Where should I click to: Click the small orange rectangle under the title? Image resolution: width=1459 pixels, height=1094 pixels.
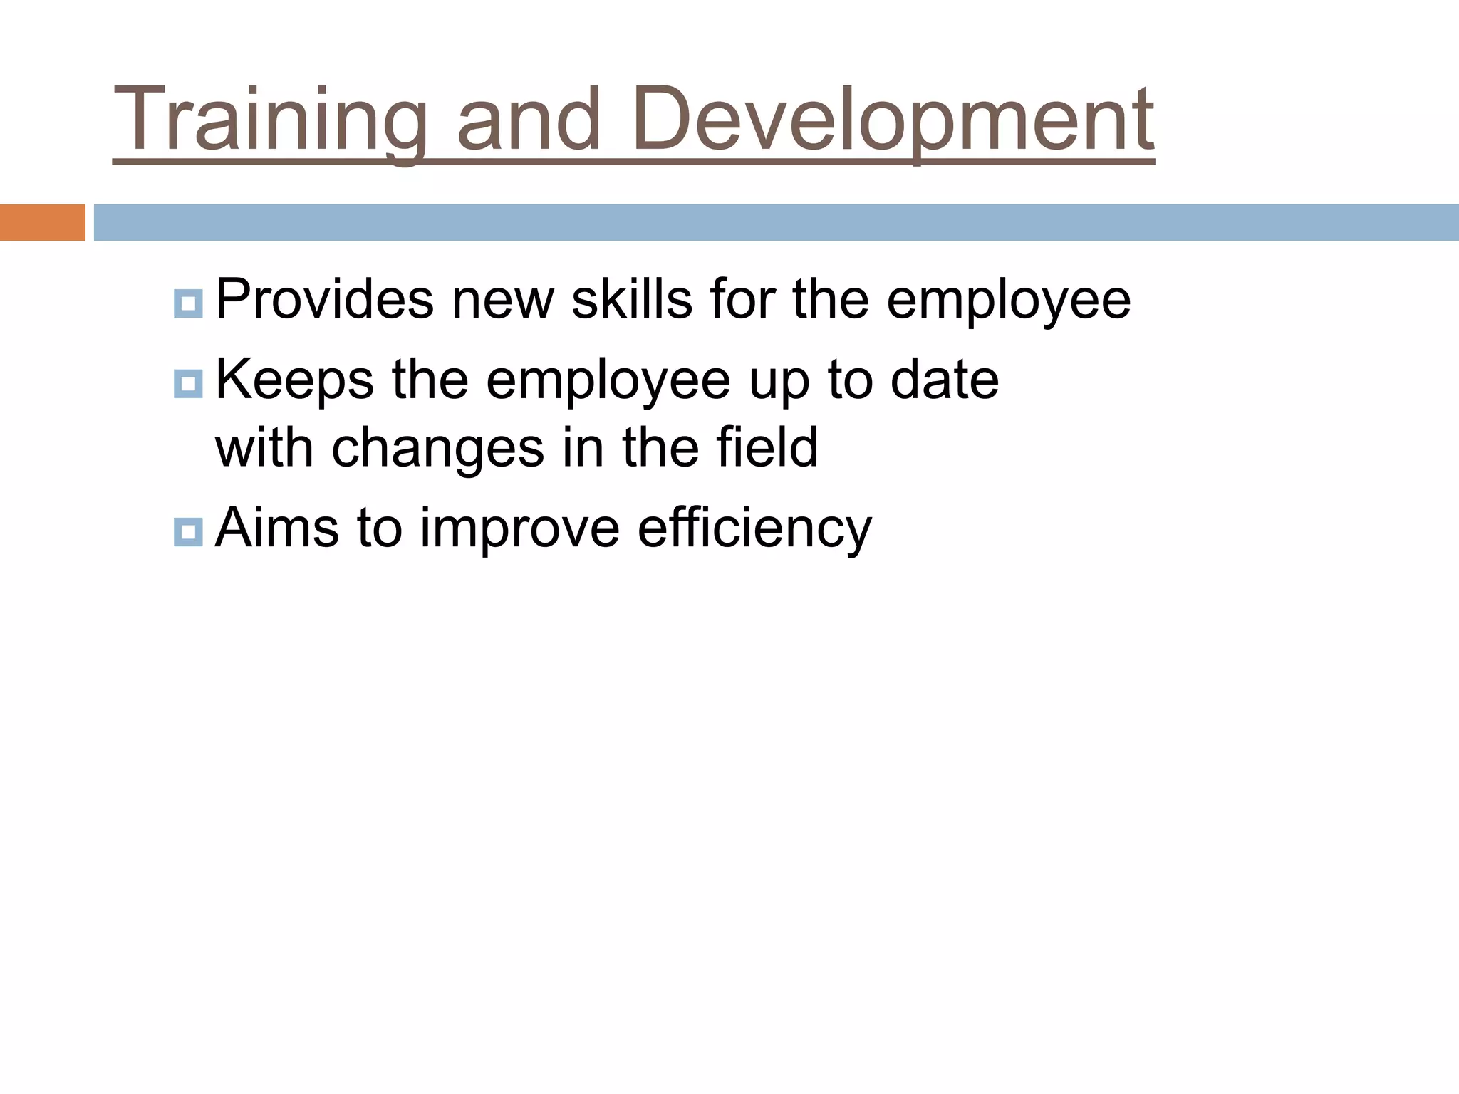(x=42, y=222)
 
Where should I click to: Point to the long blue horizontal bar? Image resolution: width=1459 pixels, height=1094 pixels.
(x=776, y=222)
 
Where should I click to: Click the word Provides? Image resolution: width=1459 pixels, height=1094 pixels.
(x=324, y=300)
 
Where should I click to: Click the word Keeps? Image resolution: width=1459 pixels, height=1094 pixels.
(x=294, y=380)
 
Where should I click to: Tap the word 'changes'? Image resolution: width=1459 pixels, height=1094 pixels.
(x=437, y=449)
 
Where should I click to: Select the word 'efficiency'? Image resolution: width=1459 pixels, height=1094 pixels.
(x=754, y=529)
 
